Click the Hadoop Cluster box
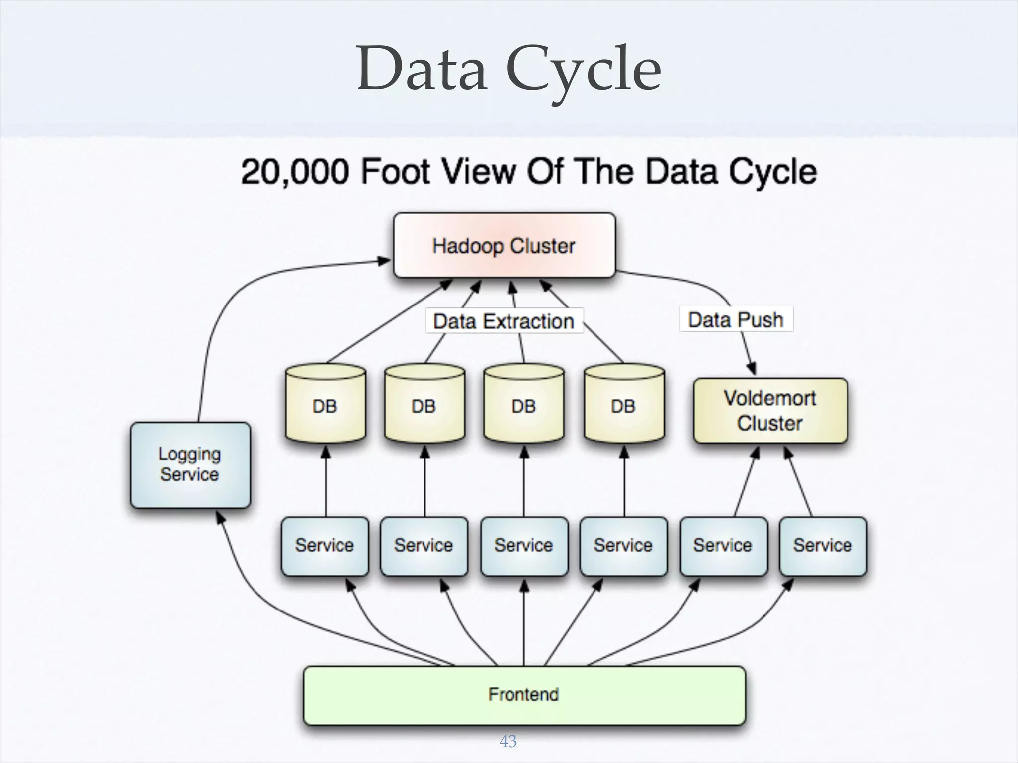tap(504, 245)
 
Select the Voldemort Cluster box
tap(770, 410)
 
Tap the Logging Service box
tap(190, 464)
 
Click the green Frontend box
tap(524, 694)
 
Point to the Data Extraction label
tap(504, 321)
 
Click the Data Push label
tap(736, 319)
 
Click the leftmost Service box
tap(325, 545)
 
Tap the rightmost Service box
tap(823, 545)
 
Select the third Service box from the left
tap(524, 545)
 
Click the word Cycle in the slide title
tap(584, 71)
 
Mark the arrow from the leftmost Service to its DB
tap(326, 482)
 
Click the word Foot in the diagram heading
tap(395, 172)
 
